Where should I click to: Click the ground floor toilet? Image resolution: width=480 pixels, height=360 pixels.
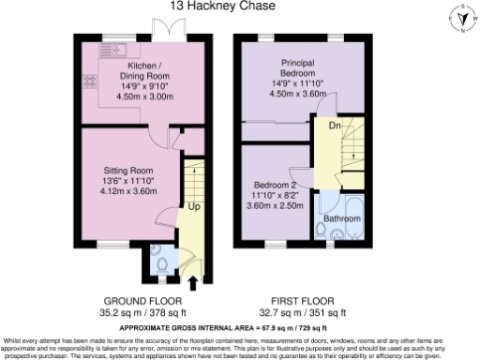coord(162,266)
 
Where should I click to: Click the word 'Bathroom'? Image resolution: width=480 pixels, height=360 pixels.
coord(342,218)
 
